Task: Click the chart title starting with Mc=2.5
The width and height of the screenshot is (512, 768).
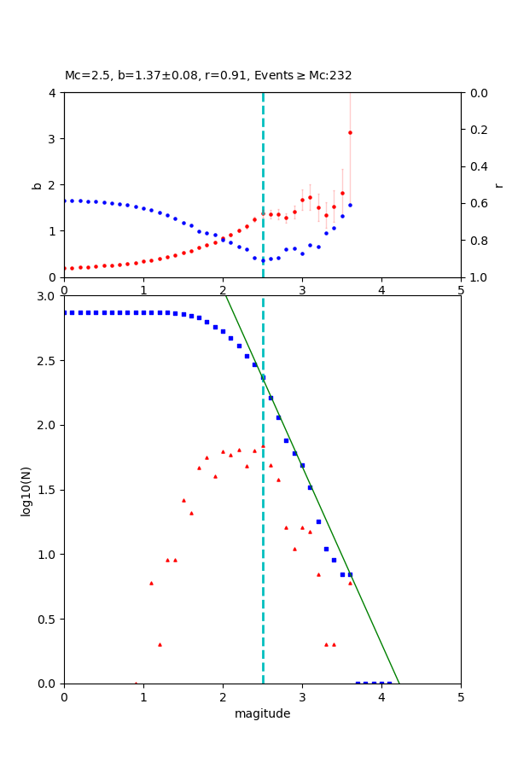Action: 208,76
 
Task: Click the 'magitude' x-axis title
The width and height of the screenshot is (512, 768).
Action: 262,714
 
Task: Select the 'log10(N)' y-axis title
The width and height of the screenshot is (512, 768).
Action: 26,490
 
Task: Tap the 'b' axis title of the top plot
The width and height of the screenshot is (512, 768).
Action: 37,184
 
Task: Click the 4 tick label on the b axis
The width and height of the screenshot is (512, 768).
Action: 54,93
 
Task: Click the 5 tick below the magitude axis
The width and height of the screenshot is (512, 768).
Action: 461,697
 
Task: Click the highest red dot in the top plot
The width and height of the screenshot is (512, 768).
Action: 350,132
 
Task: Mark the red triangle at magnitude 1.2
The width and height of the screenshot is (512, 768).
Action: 160,644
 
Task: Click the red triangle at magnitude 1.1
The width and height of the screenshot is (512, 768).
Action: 151,583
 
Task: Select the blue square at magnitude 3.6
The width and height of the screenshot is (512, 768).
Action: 350,574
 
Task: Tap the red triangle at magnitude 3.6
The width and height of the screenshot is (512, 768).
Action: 350,583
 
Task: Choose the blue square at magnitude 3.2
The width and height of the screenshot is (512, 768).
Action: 318,521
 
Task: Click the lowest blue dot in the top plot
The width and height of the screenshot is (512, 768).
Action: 263,260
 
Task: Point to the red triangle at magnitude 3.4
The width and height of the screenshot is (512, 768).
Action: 334,644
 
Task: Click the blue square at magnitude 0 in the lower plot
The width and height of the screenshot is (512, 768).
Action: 65,312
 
